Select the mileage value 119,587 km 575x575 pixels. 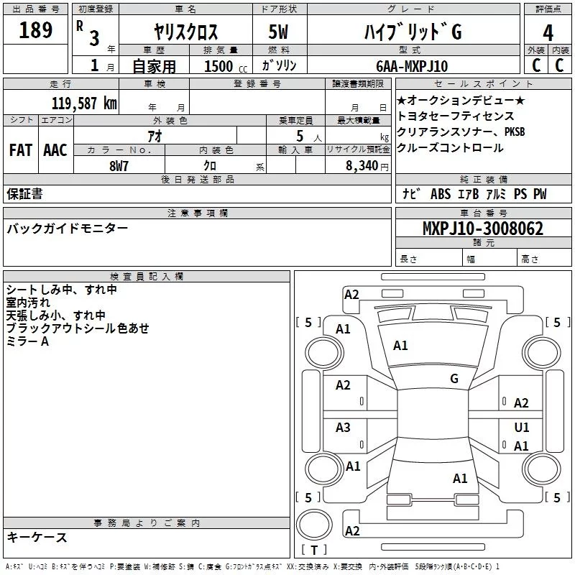[x=83, y=103]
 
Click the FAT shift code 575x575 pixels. [x=20, y=149]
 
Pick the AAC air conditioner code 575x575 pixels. [x=55, y=149]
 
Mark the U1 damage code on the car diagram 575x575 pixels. [x=522, y=428]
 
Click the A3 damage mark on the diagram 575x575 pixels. [x=344, y=428]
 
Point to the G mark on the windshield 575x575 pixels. [x=454, y=378]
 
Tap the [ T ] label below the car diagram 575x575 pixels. [x=314, y=551]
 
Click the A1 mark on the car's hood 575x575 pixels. [x=400, y=346]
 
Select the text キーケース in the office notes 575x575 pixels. [x=37, y=538]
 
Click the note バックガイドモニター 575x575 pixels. [x=68, y=229]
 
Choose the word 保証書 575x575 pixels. [x=24, y=193]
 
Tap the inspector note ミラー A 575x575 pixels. [x=27, y=341]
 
